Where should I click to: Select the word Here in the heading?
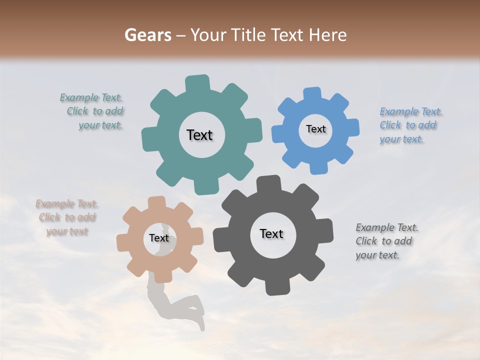[328, 35]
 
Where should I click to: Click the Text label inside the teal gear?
[199, 135]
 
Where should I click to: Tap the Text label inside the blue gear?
[315, 129]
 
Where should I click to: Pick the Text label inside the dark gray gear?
[271, 233]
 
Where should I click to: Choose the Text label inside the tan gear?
[159, 238]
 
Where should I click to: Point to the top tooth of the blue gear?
[312, 93]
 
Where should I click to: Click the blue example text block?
[410, 125]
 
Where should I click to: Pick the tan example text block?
[67, 217]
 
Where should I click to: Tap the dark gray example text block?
[386, 241]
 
